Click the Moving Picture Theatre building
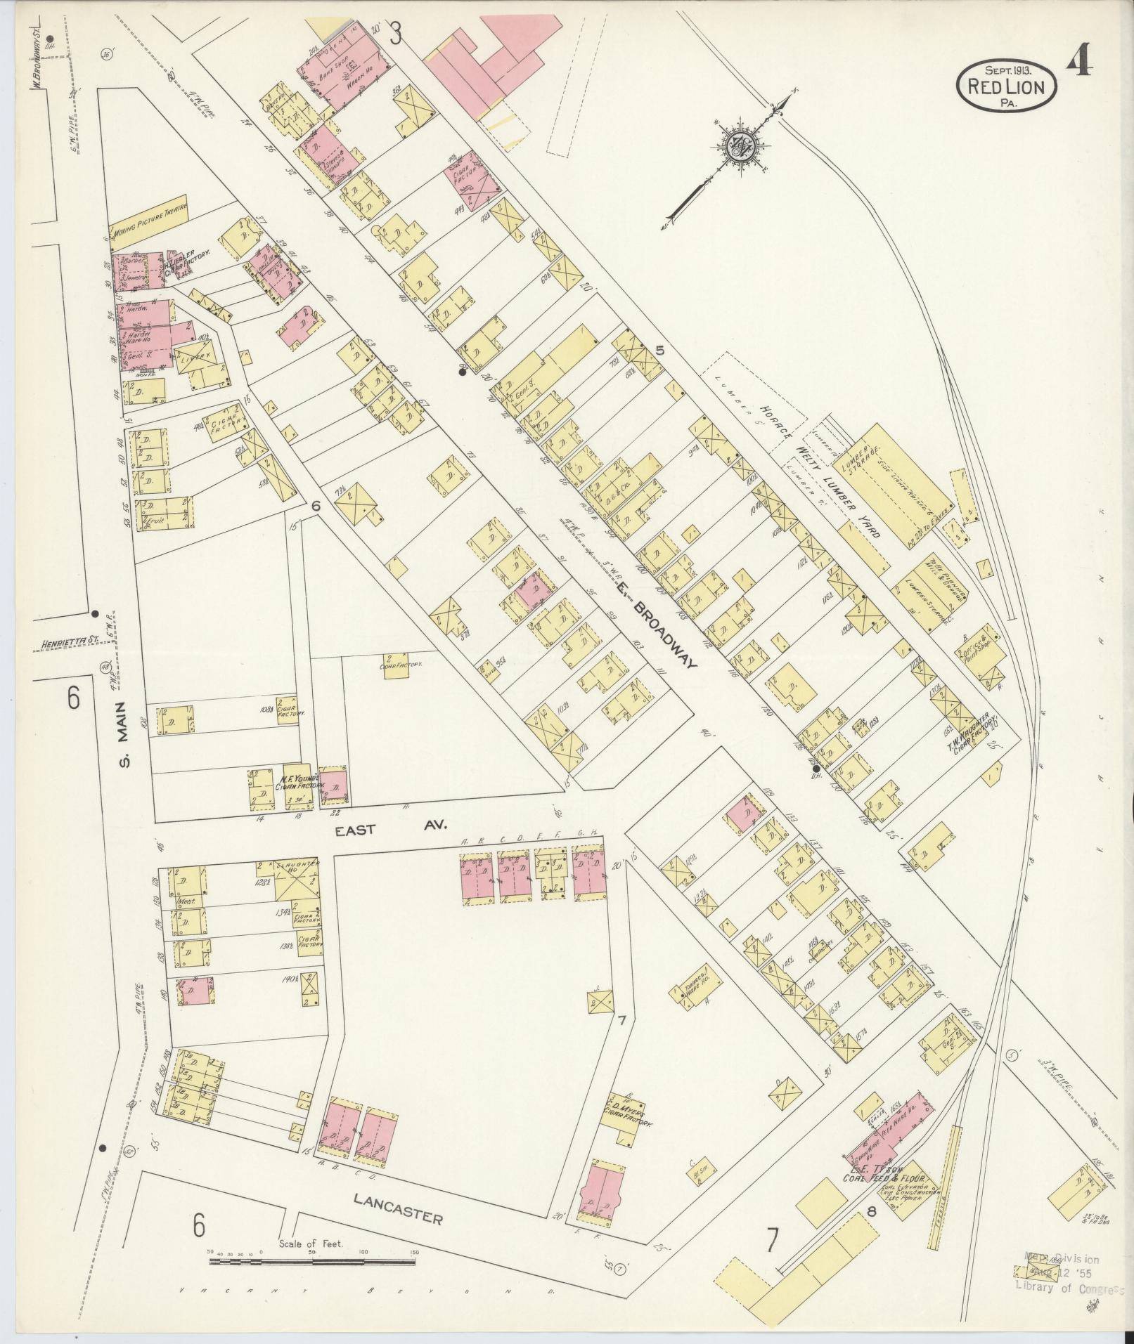tap(149, 216)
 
